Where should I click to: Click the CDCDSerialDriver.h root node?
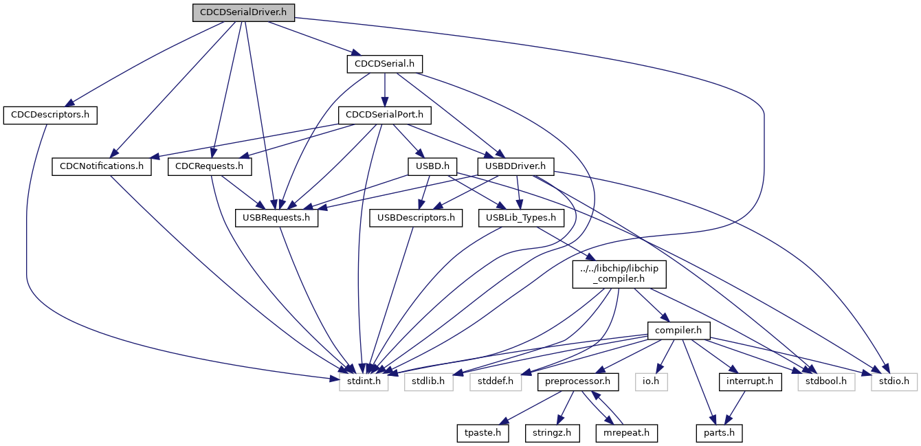(x=243, y=12)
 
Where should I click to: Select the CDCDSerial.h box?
(x=384, y=64)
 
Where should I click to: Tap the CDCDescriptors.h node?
(x=50, y=115)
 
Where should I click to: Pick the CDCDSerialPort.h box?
(x=384, y=115)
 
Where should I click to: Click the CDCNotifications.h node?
(x=102, y=166)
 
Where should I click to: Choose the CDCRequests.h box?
(x=210, y=166)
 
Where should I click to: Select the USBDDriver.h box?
(x=515, y=166)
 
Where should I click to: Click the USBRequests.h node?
(x=277, y=219)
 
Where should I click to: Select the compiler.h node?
(x=678, y=331)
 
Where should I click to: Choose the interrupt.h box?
(x=750, y=381)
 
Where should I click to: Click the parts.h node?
(x=719, y=433)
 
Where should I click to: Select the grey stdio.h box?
(x=894, y=381)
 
